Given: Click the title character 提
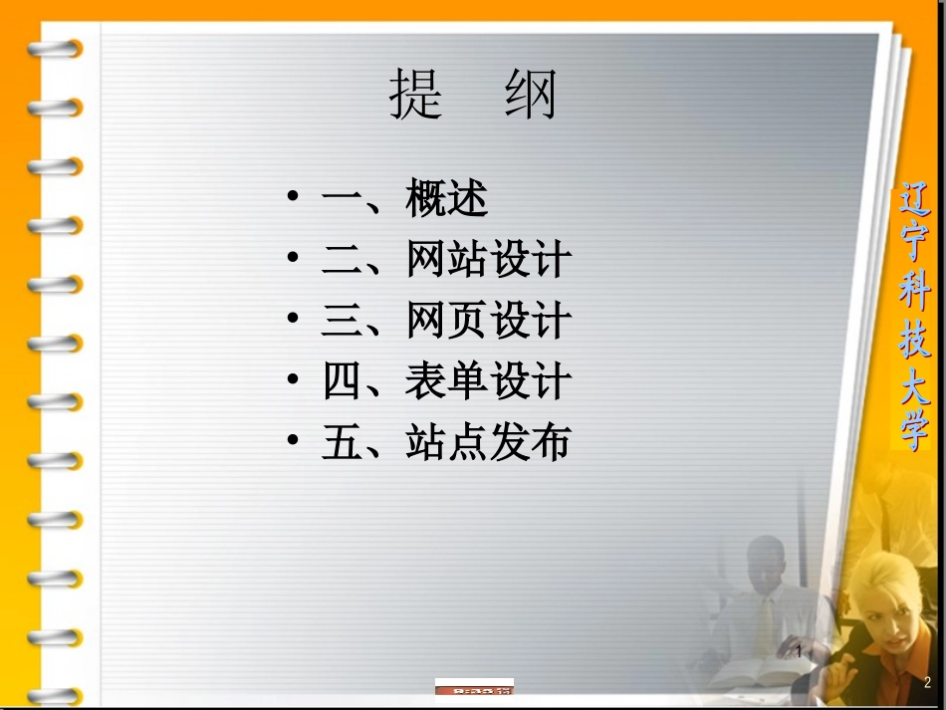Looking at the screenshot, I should pos(416,96).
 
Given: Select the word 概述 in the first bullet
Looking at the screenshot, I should pos(446,200).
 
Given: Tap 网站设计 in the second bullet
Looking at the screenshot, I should pos(488,260).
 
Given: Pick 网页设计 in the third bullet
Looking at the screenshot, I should pos(488,321).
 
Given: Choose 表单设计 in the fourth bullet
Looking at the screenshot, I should pos(488,381).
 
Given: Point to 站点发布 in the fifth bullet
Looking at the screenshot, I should pos(488,442).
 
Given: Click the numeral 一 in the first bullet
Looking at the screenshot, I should pos(342,200).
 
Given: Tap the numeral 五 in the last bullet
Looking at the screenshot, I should pos(342,442).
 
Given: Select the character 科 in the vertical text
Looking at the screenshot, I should pos(910,295).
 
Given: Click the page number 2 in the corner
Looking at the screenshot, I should pos(926,682).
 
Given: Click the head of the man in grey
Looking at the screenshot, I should pos(767,563).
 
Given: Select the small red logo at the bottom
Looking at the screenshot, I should pos(474,687).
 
